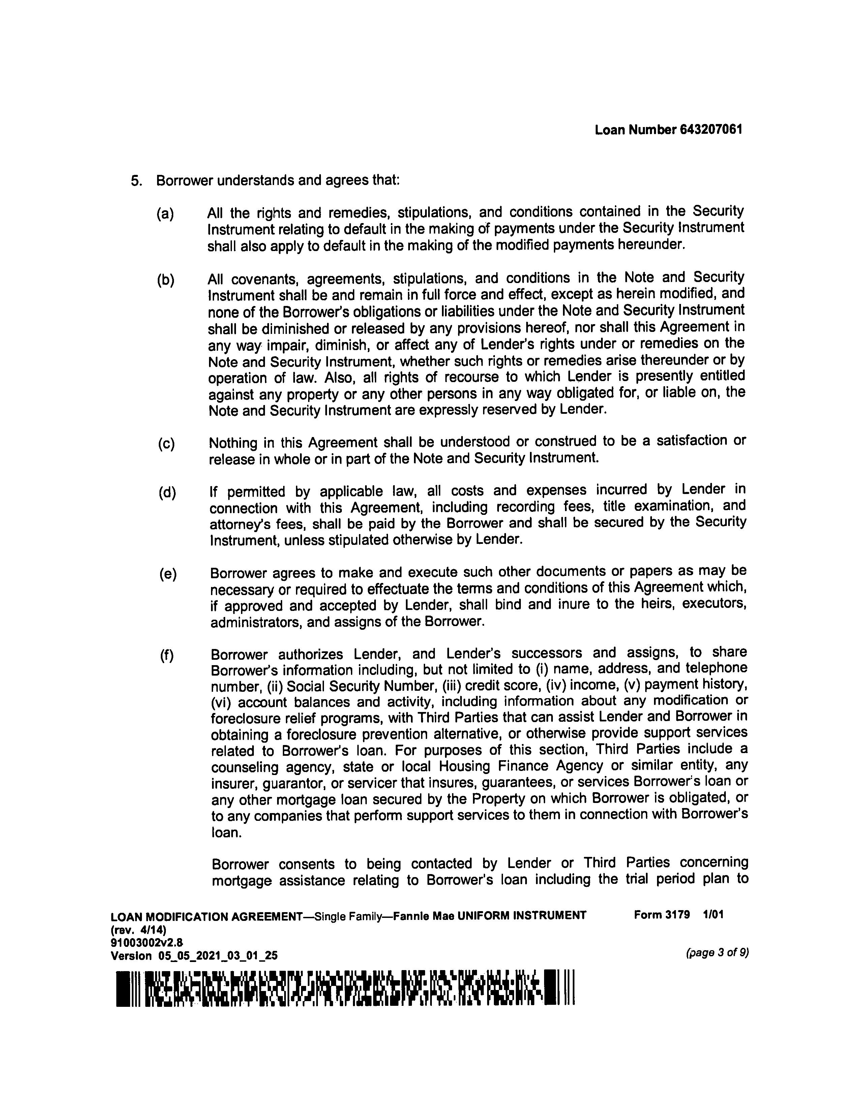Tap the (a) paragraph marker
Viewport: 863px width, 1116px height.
click(165, 214)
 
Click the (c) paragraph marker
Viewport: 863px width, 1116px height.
click(166, 443)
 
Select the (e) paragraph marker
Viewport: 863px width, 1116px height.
click(168, 575)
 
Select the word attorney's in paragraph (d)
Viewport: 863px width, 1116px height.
click(240, 525)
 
